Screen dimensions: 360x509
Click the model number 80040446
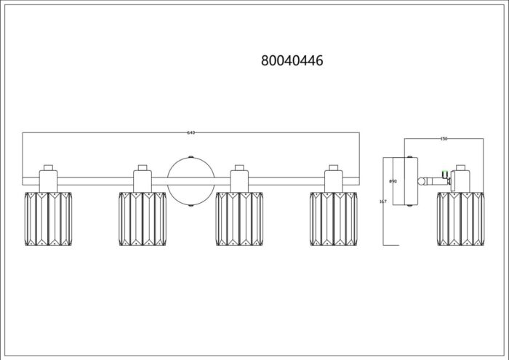coord(292,61)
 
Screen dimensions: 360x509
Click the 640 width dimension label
coord(191,132)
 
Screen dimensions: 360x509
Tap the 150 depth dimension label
coord(444,138)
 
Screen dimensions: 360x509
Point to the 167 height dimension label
coord(383,201)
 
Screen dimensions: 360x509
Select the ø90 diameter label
coord(392,180)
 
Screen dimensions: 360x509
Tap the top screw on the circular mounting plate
coord(191,157)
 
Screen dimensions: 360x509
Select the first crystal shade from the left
coord(48,218)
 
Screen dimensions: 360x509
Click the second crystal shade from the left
coord(142,218)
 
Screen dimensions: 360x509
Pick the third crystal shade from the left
coord(239,218)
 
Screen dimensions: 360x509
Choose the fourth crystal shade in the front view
coord(333,218)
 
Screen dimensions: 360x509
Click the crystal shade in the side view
coord(460,218)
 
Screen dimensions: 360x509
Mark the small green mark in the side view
coord(445,171)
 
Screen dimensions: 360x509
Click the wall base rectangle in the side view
coord(406,180)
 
